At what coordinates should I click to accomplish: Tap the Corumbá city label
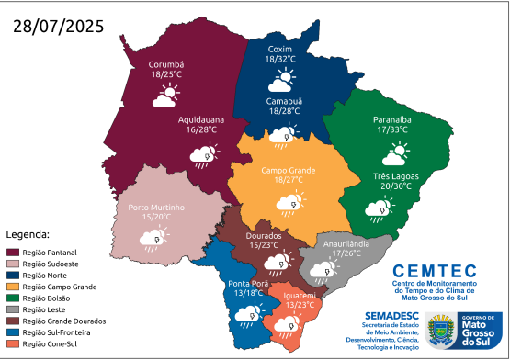point(167,63)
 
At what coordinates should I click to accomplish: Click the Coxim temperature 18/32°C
point(279,59)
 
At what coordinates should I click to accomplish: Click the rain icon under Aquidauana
point(202,157)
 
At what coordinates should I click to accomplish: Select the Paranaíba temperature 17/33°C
point(391,130)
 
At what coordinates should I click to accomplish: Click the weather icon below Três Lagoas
point(376,210)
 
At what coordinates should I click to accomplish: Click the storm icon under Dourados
point(274,264)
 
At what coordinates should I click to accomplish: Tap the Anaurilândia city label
point(344,243)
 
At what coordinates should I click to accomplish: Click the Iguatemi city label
point(300,295)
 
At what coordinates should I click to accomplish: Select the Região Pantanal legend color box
point(13,251)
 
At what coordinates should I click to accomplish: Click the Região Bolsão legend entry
point(44,298)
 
